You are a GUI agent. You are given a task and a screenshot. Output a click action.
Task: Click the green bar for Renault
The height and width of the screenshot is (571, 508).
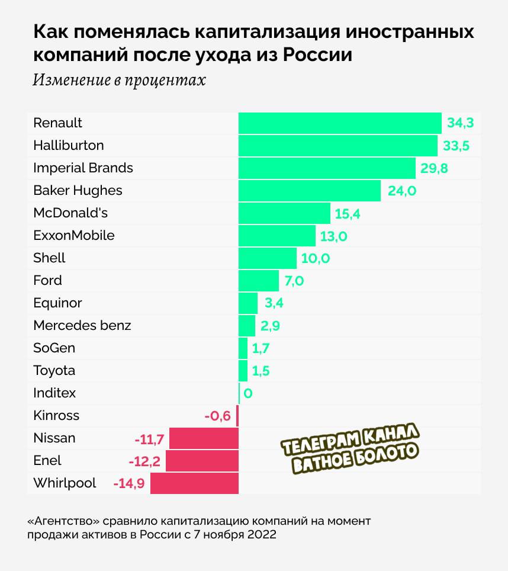coord(340,123)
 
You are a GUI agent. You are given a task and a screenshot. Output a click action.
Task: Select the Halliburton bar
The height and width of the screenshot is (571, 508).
coord(337,146)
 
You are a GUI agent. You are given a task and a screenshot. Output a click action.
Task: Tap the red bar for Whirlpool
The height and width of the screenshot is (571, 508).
coord(194,483)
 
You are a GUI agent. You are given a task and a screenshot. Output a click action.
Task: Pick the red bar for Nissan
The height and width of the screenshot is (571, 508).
coord(204,438)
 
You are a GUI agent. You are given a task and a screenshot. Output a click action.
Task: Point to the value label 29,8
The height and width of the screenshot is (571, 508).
coord(434,168)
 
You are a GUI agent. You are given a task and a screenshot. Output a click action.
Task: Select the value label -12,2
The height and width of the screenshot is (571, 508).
coord(144,461)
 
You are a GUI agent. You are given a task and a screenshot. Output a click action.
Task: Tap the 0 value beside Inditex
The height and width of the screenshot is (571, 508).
coord(248,393)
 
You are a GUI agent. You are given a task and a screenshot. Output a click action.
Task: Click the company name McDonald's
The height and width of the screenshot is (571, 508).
coord(70,213)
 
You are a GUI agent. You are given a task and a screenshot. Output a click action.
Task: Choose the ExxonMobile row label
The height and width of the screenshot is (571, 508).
coord(74,235)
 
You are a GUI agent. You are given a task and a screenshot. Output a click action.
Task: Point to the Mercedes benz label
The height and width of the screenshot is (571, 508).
coord(82,325)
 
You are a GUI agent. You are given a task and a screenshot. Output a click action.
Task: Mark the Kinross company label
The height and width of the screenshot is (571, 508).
coord(56,415)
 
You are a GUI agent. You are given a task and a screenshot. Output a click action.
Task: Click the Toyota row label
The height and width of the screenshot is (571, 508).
coord(54,370)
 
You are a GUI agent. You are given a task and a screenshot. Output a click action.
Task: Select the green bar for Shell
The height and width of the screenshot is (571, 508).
coord(267,258)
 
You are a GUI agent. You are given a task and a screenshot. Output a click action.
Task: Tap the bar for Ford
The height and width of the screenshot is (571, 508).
coord(258,280)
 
